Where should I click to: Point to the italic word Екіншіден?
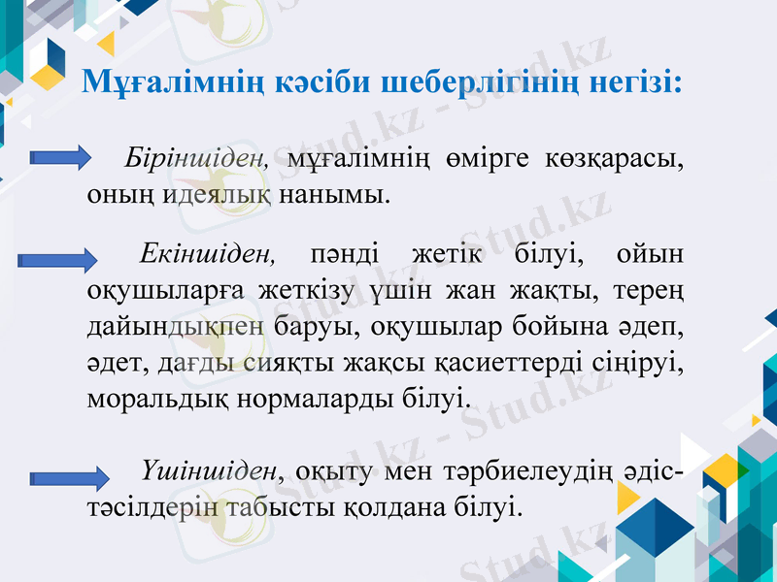click(209, 256)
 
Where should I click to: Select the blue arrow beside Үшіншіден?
click(71, 477)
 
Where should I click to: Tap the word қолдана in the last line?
click(388, 506)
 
